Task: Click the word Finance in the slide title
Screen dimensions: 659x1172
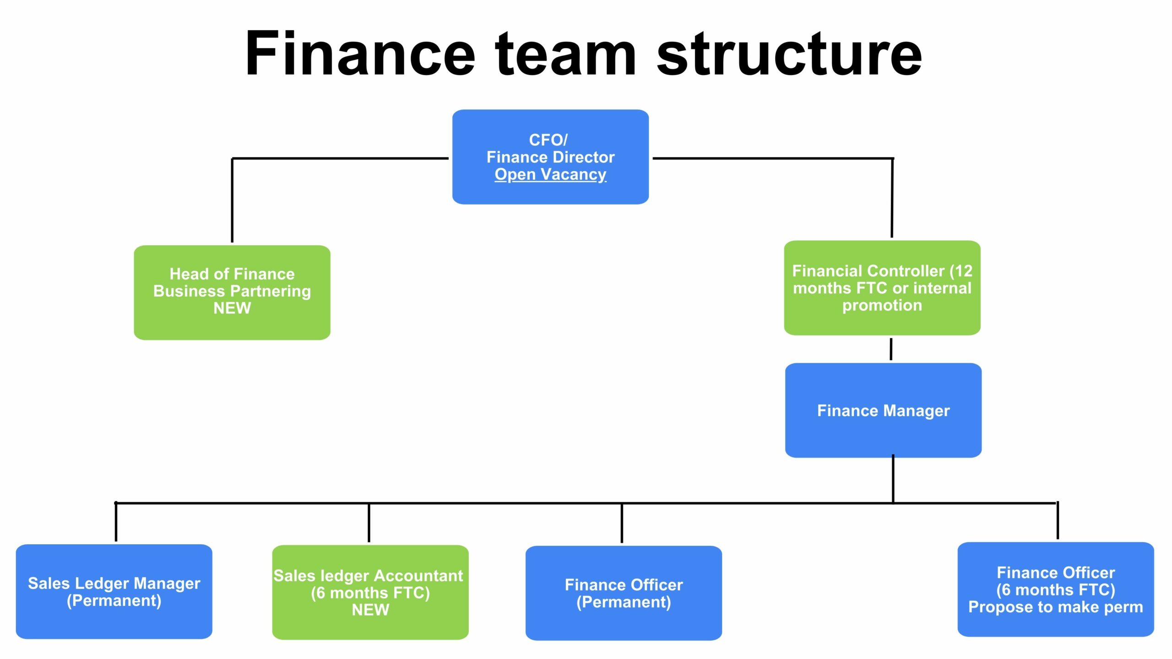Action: [360, 54]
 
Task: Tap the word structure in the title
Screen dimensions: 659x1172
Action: [789, 54]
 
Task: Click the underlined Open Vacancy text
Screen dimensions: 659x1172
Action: [550, 174]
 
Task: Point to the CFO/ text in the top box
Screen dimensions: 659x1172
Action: [548, 140]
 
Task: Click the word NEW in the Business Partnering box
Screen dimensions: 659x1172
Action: [232, 308]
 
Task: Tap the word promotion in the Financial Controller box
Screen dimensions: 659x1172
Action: [882, 305]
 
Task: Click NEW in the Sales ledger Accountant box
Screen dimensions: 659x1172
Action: [370, 610]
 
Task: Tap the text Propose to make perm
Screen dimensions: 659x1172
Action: [1056, 607]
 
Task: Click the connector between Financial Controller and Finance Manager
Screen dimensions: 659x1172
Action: [891, 349]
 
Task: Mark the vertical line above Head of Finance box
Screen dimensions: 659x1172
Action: [232, 200]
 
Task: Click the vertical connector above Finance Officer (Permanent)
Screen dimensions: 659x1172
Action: [622, 523]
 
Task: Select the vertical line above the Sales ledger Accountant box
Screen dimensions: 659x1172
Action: [369, 523]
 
